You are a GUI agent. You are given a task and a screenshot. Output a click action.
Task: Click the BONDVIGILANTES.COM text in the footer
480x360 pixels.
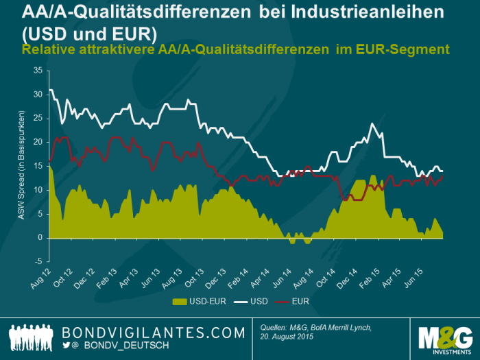[x=153, y=333]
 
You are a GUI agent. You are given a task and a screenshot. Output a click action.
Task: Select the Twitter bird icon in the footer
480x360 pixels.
[x=67, y=348]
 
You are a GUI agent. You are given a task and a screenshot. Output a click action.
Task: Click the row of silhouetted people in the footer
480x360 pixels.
[x=32, y=338]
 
